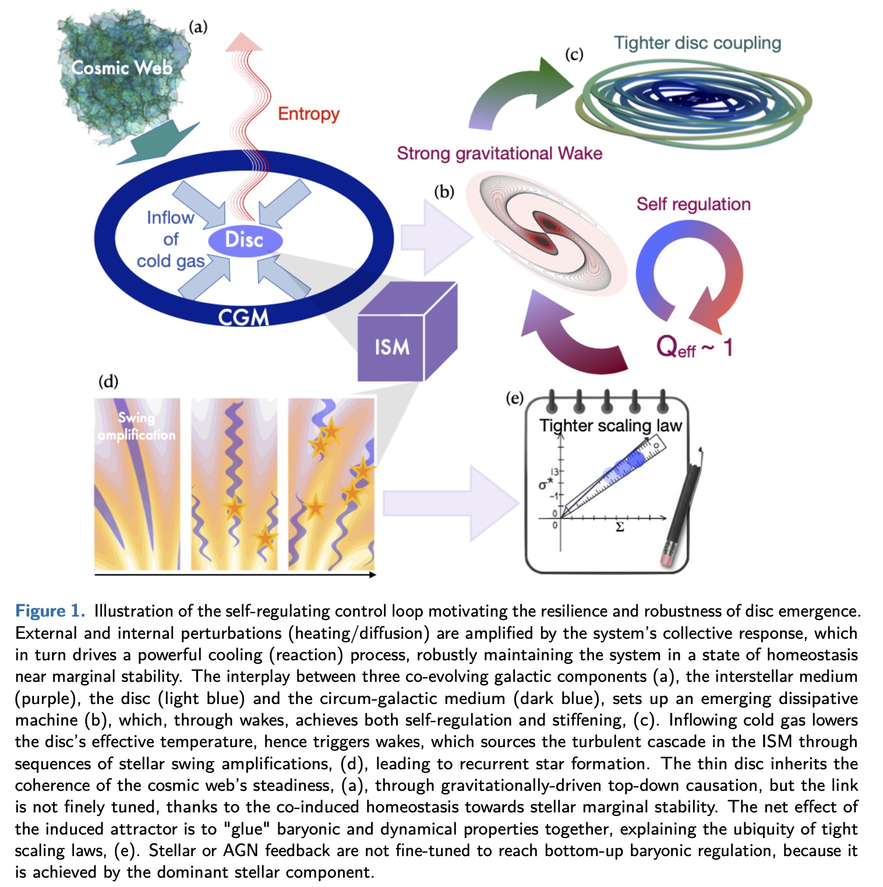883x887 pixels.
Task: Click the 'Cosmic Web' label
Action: [122, 68]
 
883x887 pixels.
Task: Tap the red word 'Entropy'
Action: [308, 114]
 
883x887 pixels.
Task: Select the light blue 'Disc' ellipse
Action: [245, 240]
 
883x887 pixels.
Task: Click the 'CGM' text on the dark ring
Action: [243, 318]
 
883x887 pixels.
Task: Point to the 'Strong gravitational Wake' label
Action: [499, 153]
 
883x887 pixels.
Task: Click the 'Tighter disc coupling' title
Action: [697, 43]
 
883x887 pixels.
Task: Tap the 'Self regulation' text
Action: [693, 204]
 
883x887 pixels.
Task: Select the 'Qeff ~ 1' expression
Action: [693, 348]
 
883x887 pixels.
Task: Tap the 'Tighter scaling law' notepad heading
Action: [610, 425]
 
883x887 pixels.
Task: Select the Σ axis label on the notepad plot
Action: [620, 527]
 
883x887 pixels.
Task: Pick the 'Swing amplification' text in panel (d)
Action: [136, 426]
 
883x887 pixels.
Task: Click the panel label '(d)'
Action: [108, 382]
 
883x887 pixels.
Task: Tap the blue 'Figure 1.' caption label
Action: [50, 611]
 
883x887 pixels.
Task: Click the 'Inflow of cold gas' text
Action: [170, 240]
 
